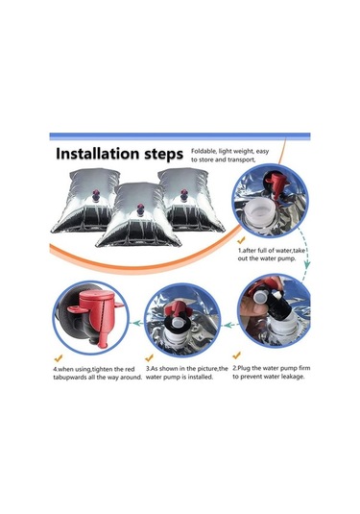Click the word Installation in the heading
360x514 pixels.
pyautogui.click(x=97, y=153)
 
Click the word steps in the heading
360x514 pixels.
pyautogui.click(x=163, y=155)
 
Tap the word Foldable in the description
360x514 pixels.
pyautogui.click(x=204, y=151)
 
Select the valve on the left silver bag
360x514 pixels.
pyautogui.click(x=96, y=195)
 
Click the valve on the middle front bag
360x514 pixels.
pyautogui.click(x=140, y=209)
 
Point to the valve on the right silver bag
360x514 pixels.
pyautogui.click(x=183, y=195)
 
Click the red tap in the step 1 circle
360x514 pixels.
pyautogui.click(x=276, y=184)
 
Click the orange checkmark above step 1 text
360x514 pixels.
pyautogui.click(x=241, y=240)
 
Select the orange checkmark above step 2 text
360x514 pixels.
pyautogui.click(x=236, y=355)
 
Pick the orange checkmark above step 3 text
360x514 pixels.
pyautogui.click(x=150, y=357)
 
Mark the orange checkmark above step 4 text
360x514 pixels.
pyautogui.click(x=59, y=358)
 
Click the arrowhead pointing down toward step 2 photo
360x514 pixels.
pyautogui.click(x=306, y=264)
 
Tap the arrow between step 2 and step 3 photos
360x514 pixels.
pyautogui.click(x=231, y=325)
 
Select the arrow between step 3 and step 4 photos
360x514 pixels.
pyautogui.click(x=138, y=323)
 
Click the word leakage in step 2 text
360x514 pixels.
pyautogui.click(x=293, y=377)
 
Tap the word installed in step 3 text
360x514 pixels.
pyautogui.click(x=202, y=377)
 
